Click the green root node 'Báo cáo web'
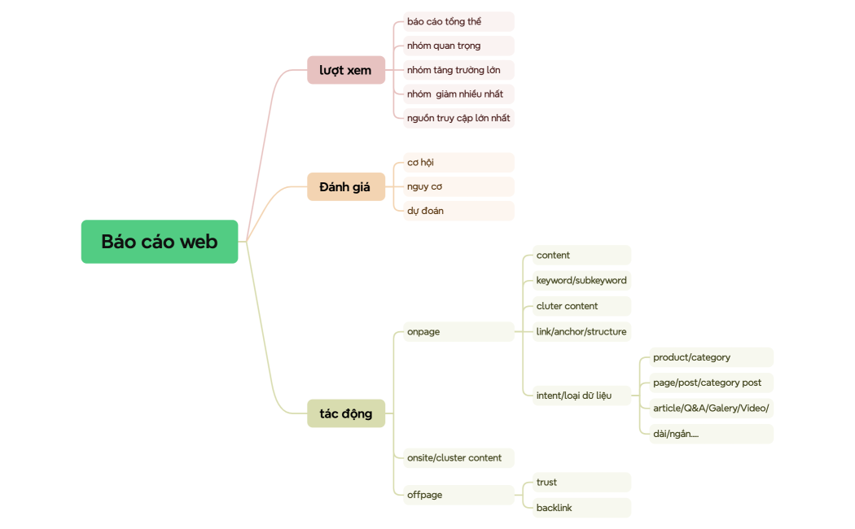pos(160,242)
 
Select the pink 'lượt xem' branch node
pos(345,70)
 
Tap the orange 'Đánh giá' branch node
pos(345,186)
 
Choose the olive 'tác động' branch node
pos(345,413)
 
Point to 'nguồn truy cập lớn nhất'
pos(458,118)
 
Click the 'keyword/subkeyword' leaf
pos(581,281)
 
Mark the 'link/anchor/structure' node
pos(581,332)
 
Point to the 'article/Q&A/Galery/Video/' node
pos(711,409)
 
